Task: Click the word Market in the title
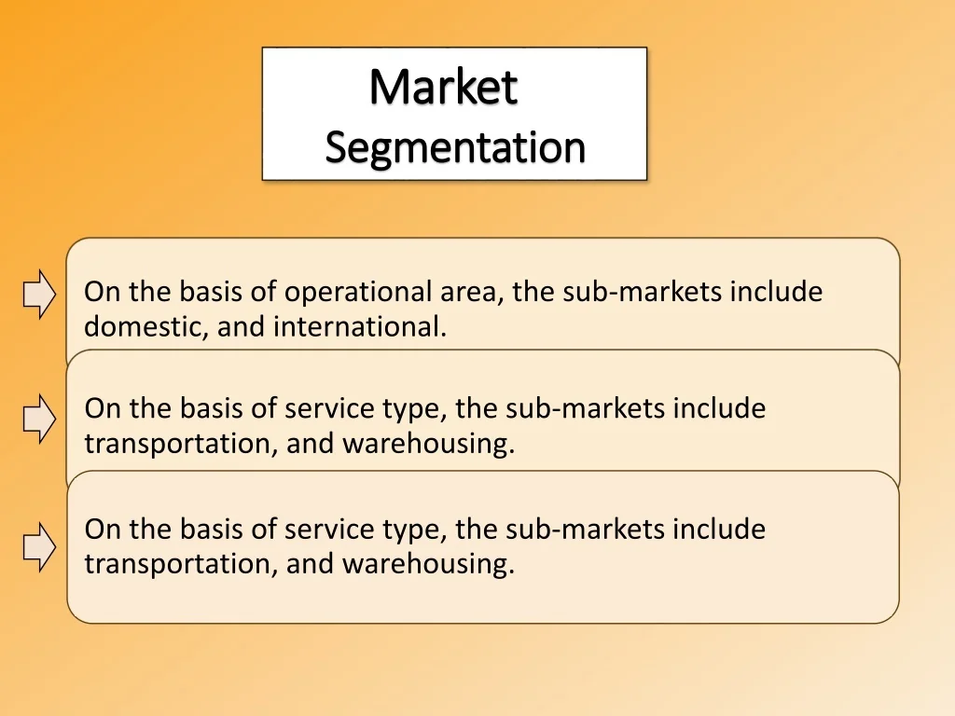pyautogui.click(x=443, y=87)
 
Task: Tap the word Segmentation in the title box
pyautogui.click(x=455, y=147)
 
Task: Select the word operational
pyautogui.click(x=359, y=293)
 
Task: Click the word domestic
pyautogui.click(x=146, y=326)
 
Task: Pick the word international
pyautogui.click(x=360, y=326)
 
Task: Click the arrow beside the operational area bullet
pyautogui.click(x=39, y=294)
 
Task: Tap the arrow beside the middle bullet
pyautogui.click(x=39, y=419)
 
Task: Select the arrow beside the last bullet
pyautogui.click(x=39, y=546)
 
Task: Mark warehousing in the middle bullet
pyautogui.click(x=429, y=444)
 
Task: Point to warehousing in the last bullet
pyautogui.click(x=429, y=564)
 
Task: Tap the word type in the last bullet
pyautogui.click(x=415, y=530)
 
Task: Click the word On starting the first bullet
pyautogui.click(x=102, y=292)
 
